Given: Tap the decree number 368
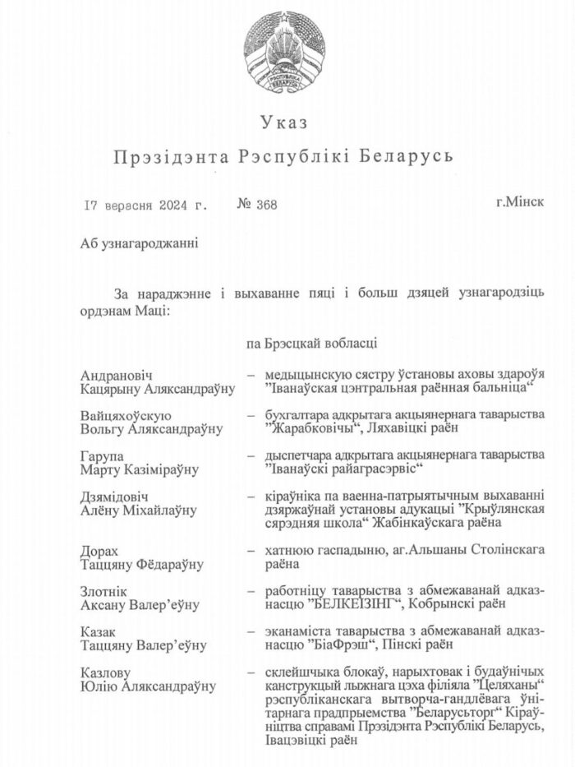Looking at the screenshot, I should (264, 205).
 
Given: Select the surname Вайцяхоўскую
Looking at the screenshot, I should (126, 415).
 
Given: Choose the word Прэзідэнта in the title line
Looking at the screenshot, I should (172, 156).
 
